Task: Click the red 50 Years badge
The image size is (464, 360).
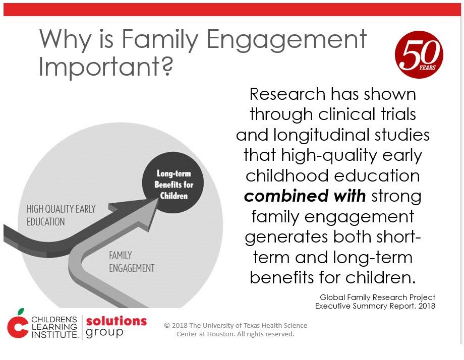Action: pyautogui.click(x=419, y=54)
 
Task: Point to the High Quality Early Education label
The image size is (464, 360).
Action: pyautogui.click(x=61, y=215)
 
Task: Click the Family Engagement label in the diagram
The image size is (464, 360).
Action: pyautogui.click(x=132, y=262)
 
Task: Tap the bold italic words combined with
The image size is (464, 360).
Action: pyautogui.click(x=305, y=196)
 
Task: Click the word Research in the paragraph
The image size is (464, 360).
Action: pyautogui.click(x=286, y=94)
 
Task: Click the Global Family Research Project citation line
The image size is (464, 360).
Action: pyautogui.click(x=378, y=297)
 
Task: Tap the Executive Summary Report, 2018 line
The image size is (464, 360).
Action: pyautogui.click(x=375, y=306)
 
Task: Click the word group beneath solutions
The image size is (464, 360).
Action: pyautogui.click(x=104, y=333)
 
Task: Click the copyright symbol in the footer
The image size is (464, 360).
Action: pyautogui.click(x=167, y=325)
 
